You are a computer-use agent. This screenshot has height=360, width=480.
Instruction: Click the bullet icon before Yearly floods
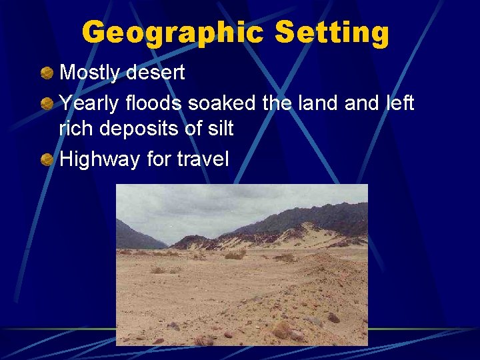[x=47, y=104]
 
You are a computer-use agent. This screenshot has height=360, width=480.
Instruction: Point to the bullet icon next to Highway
[x=47, y=159]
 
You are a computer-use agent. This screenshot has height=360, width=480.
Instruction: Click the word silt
[x=220, y=128]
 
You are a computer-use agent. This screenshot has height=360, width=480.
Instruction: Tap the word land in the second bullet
[x=311, y=103]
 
